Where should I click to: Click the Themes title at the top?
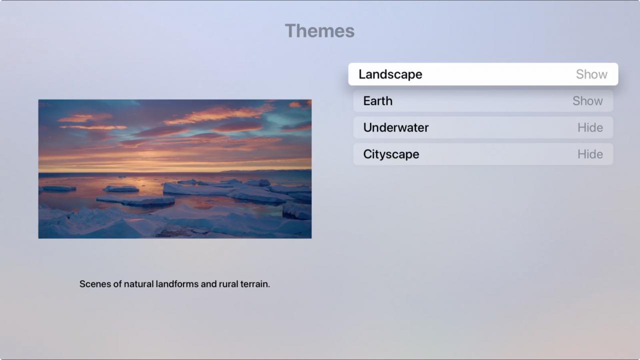(319, 31)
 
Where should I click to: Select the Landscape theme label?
(390, 74)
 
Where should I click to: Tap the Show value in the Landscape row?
(591, 74)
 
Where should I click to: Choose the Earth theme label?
(377, 101)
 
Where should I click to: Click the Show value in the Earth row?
(587, 101)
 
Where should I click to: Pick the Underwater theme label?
(395, 127)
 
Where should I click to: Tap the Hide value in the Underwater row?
(590, 127)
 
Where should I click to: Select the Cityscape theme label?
(391, 154)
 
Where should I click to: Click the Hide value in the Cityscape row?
(590, 154)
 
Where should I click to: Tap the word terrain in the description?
(255, 284)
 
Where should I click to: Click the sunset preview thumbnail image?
(175, 169)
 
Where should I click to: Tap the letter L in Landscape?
(362, 74)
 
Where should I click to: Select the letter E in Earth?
(367, 101)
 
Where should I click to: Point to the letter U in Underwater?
(367, 127)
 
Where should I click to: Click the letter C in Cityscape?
(368, 154)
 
